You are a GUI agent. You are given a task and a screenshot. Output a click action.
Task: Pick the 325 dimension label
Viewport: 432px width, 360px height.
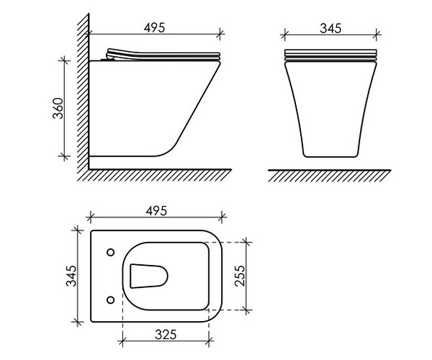click(167, 335)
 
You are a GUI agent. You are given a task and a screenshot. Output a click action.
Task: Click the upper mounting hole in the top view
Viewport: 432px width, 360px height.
click(109, 252)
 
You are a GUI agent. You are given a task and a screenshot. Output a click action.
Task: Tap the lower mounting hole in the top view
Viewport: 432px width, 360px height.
click(109, 297)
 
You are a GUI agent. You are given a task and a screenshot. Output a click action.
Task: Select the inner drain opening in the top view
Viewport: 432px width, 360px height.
click(150, 275)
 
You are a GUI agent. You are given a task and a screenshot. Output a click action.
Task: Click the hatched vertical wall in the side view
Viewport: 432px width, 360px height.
click(83, 94)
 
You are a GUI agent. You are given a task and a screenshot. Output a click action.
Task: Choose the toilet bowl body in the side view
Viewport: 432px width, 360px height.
click(151, 108)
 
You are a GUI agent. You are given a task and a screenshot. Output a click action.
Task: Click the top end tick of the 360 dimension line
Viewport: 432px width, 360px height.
click(66, 61)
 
